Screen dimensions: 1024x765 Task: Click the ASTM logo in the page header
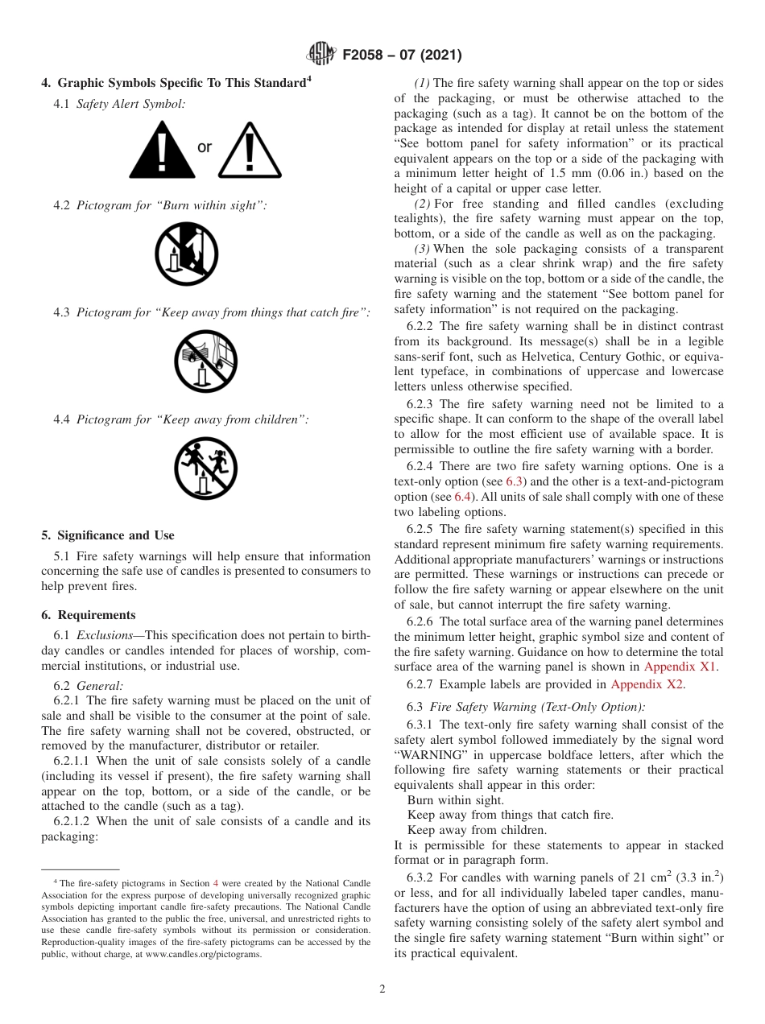(322, 55)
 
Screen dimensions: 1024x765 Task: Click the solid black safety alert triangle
(162, 151)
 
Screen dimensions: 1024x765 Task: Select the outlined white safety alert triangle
(250, 151)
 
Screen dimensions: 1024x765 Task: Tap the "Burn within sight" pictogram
(186, 254)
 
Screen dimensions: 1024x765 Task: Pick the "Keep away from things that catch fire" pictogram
(205, 361)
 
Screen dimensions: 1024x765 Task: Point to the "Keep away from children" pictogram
(205, 469)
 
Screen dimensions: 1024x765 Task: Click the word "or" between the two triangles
(205, 147)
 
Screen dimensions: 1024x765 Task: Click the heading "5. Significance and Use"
(108, 535)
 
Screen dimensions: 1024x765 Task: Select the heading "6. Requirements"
(89, 615)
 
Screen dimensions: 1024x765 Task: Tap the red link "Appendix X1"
(680, 667)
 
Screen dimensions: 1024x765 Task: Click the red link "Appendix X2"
(647, 684)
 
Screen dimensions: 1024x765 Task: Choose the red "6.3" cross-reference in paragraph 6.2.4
(514, 481)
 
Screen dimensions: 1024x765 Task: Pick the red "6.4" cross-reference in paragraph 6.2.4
(463, 497)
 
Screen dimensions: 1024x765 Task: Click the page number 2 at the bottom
(382, 989)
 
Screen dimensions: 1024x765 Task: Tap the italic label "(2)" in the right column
(423, 204)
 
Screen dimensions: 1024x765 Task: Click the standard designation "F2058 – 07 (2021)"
(402, 56)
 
